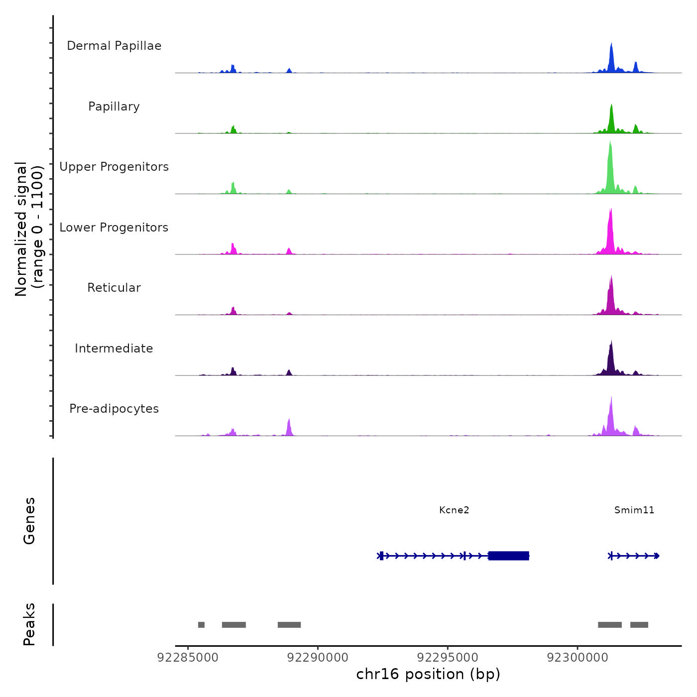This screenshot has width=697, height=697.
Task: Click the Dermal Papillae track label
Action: click(114, 46)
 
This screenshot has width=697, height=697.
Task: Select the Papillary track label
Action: click(114, 107)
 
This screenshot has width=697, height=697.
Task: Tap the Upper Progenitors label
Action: click(114, 167)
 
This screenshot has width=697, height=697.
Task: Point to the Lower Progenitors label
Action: click(114, 228)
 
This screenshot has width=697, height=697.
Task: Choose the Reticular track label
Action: click(114, 288)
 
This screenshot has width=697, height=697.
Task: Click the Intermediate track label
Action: click(114, 348)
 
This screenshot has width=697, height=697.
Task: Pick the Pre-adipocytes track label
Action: click(114, 409)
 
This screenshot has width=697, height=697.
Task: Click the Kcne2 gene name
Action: click(454, 510)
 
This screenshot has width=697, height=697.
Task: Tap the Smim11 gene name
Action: click(634, 510)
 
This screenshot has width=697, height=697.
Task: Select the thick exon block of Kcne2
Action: click(508, 556)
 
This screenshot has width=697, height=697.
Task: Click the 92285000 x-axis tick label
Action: click(188, 658)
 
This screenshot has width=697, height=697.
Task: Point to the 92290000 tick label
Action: click(318, 658)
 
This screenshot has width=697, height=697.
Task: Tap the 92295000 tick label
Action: click(448, 658)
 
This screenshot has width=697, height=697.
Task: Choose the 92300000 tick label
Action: click(578, 658)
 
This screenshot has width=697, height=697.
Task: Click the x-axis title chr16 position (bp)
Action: click(428, 674)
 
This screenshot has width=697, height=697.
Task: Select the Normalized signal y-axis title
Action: click(29, 229)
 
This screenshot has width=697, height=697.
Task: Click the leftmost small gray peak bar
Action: click(201, 625)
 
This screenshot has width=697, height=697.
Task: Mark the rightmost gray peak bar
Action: click(639, 625)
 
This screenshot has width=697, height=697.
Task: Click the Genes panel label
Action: click(29, 521)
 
